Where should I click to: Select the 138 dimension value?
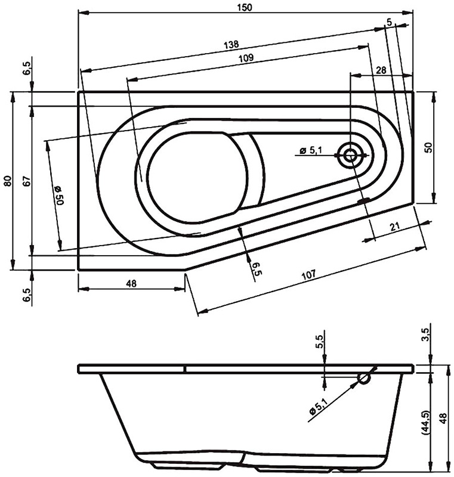(232, 44)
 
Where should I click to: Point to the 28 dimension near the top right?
(380, 70)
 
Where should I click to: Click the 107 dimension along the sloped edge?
(308, 275)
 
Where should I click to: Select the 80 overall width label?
(7, 181)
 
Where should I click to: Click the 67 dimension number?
(26, 181)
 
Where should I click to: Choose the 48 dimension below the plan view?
(131, 284)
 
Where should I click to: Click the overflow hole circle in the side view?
(364, 377)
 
